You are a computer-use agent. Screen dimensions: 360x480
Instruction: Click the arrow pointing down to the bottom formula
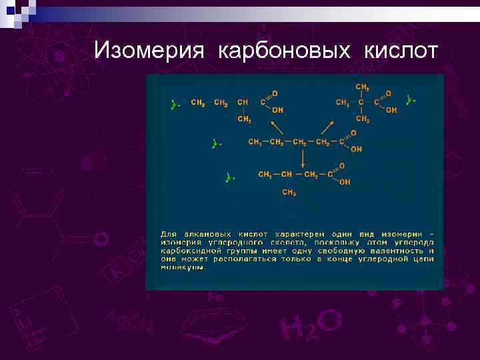(x=303, y=157)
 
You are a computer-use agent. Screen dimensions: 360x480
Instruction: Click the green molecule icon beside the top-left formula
(x=174, y=104)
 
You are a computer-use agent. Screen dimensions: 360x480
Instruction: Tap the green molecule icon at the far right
(x=411, y=100)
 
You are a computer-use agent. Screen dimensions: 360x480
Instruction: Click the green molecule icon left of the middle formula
(x=215, y=143)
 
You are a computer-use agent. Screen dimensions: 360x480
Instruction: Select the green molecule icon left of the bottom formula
(x=229, y=177)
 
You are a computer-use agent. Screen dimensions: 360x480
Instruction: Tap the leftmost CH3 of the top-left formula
(x=198, y=103)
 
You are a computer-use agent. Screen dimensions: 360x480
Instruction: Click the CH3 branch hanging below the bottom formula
(x=289, y=193)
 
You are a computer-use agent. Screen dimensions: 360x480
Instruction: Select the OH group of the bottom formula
(x=345, y=181)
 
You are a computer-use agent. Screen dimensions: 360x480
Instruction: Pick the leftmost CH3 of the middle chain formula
(x=255, y=142)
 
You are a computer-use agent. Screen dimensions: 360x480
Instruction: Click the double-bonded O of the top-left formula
(x=275, y=93)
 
